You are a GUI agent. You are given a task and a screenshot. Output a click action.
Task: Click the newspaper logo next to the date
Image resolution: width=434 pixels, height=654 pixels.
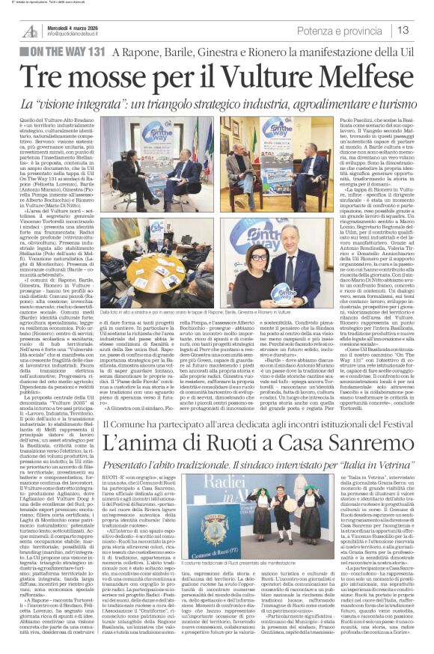(29, 29)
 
